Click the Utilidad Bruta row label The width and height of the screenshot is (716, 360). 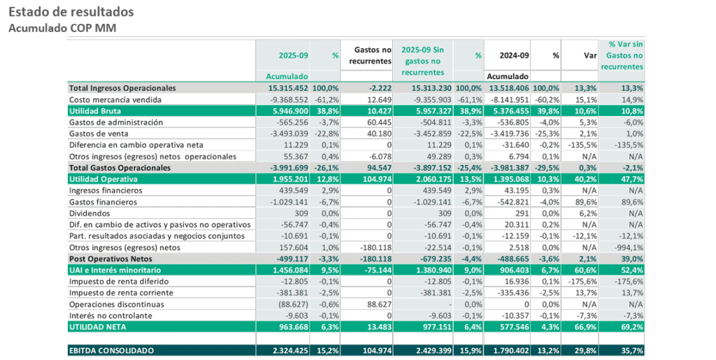96,111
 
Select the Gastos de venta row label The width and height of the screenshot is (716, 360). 99,134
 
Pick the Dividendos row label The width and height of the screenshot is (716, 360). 89,213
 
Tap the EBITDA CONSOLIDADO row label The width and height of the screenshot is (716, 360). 111,350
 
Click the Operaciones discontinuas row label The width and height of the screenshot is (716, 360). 116,304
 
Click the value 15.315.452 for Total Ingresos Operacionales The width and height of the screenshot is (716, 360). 288,88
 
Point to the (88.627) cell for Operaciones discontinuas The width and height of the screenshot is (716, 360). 289,304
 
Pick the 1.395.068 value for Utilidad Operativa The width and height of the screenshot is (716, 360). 508,179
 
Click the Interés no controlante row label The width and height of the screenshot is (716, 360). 110,315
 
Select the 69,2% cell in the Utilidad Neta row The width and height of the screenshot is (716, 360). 630,326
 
